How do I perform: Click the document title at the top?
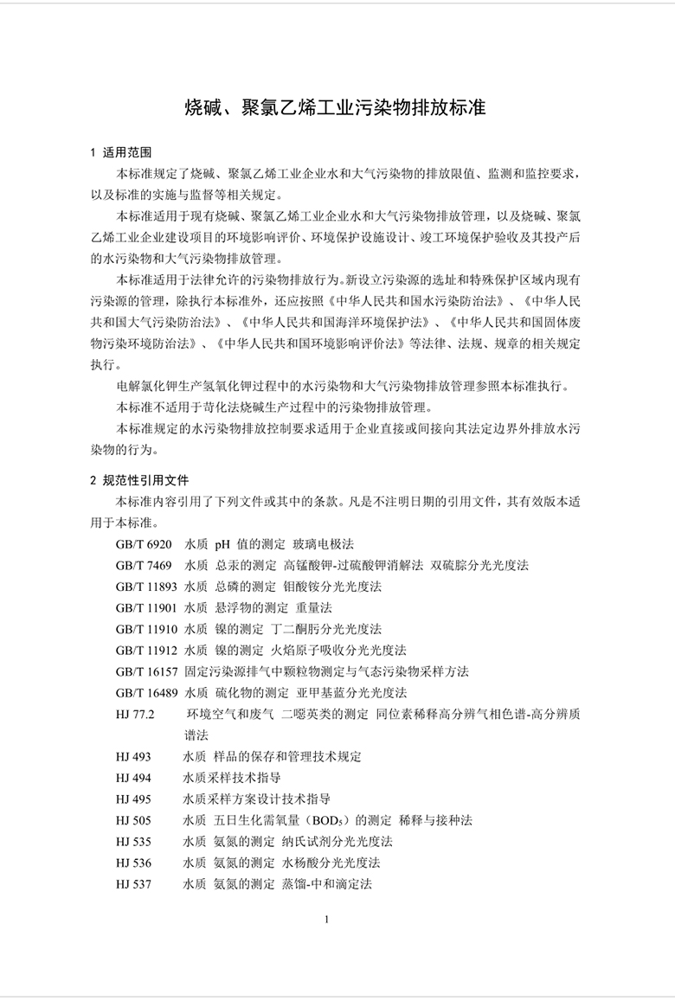point(336,108)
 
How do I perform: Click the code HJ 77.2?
point(134,715)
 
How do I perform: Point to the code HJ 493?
point(132,757)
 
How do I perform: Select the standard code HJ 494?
point(132,778)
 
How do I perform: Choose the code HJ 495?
point(132,799)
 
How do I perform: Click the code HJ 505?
point(132,820)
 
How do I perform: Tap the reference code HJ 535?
point(132,842)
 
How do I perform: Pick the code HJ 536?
point(132,863)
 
